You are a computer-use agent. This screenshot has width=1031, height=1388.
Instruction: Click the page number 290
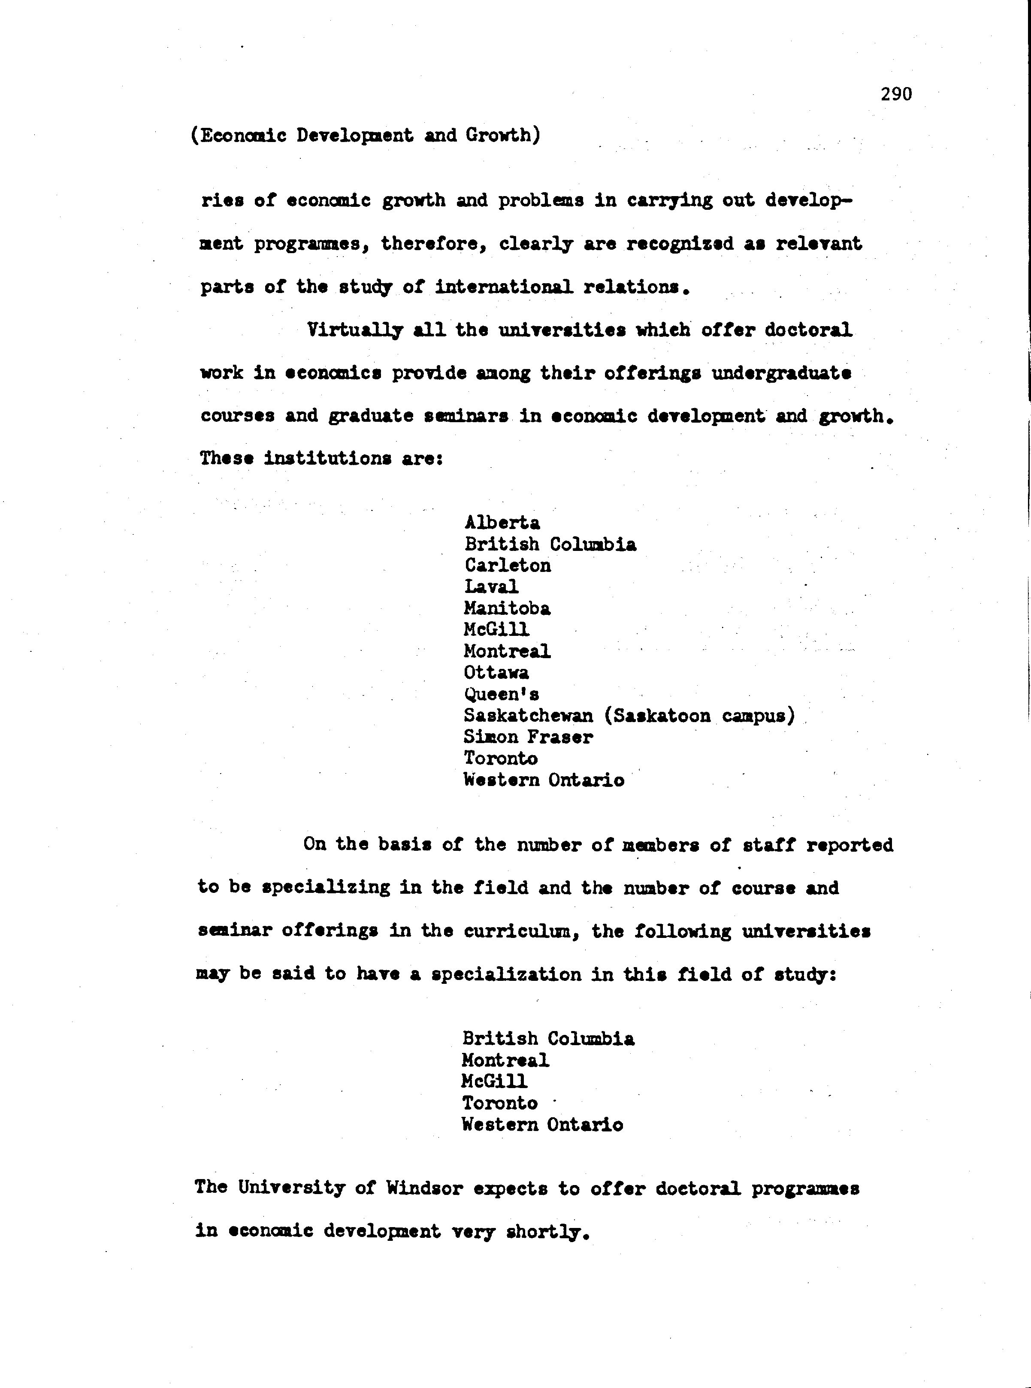point(896,94)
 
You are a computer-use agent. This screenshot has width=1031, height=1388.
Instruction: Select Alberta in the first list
point(502,522)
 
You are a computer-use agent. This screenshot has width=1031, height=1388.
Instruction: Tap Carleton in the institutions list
point(508,565)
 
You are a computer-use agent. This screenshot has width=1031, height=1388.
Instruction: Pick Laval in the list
point(491,587)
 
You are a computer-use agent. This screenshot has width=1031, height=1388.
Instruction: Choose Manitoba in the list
point(507,608)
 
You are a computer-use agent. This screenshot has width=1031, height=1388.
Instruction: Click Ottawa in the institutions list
point(496,672)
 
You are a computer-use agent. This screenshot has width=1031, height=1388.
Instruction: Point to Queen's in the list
point(501,694)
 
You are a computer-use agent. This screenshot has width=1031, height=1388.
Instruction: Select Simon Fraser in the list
point(528,737)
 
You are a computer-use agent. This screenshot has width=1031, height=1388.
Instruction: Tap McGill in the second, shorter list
point(494,1081)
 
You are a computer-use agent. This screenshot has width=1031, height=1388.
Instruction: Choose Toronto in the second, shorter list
point(499,1103)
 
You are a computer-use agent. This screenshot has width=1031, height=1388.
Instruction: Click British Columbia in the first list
point(550,544)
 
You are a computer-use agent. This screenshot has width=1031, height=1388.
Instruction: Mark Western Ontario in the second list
point(542,1125)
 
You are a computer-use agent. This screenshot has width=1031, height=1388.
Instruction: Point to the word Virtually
point(354,330)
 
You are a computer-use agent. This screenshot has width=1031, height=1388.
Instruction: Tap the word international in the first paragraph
point(503,287)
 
